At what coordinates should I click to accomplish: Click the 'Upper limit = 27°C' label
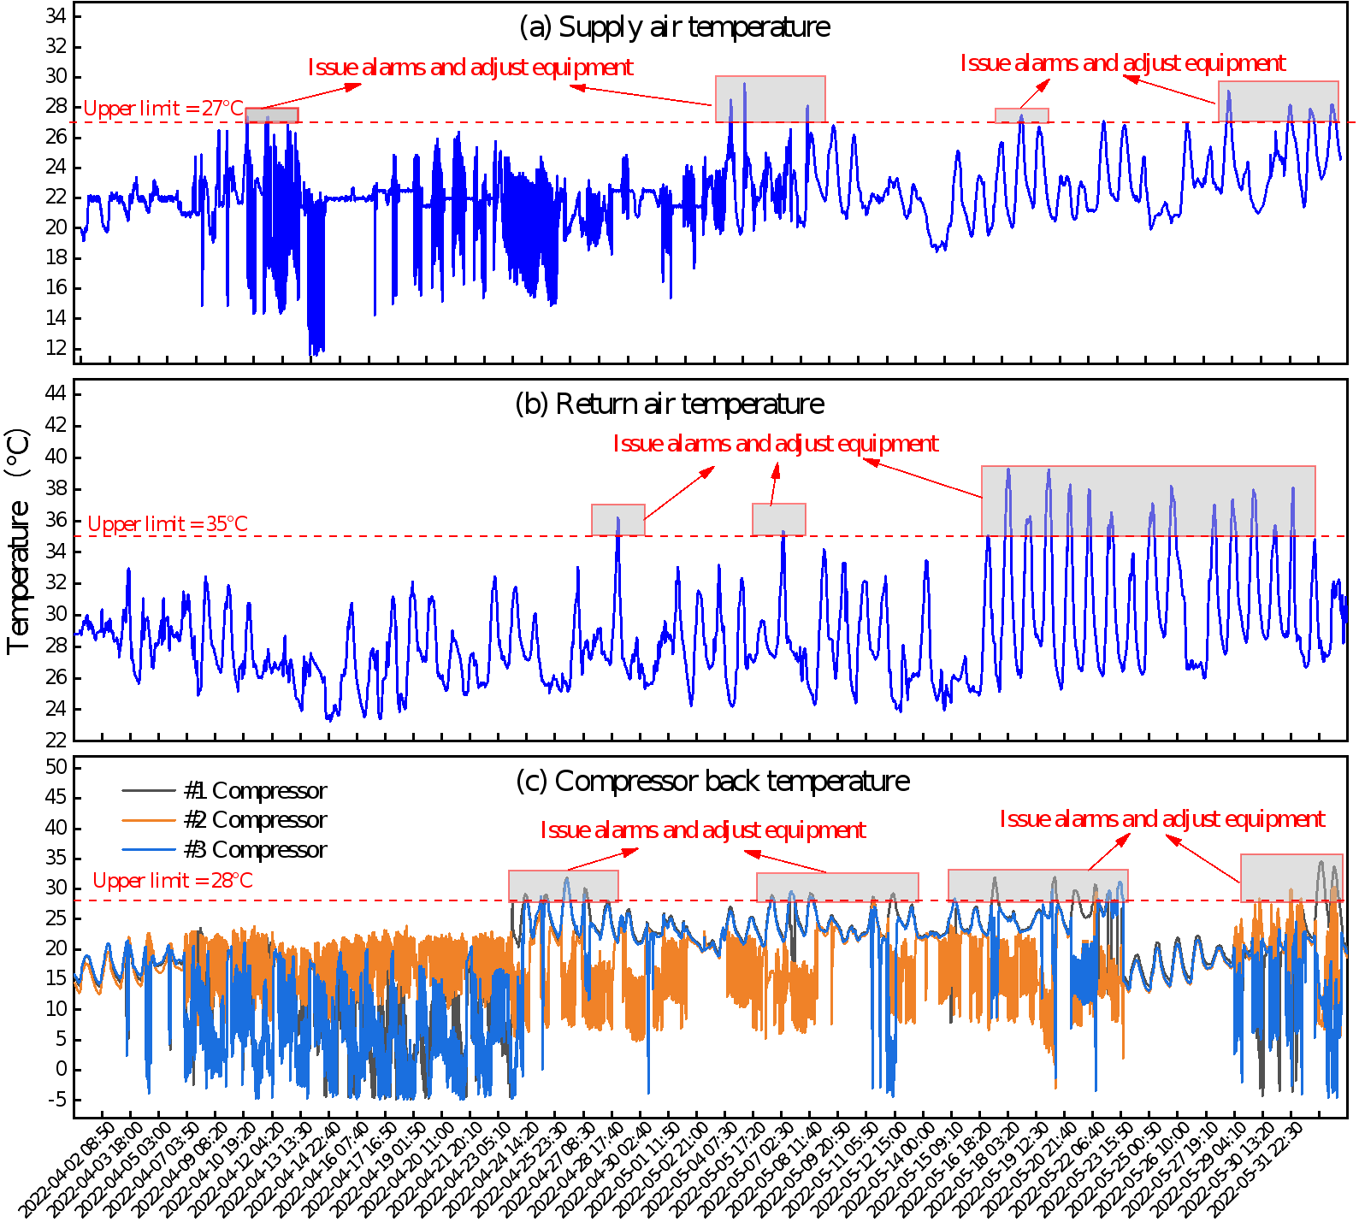point(163,109)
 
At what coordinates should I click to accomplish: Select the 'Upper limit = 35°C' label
point(168,524)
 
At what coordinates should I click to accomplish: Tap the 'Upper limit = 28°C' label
point(173,881)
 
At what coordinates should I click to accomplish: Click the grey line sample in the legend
point(149,790)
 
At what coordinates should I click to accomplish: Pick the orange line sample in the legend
point(149,820)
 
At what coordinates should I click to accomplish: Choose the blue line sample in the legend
point(149,849)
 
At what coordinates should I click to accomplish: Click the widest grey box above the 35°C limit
point(1148,501)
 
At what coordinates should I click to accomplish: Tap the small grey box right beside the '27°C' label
point(272,115)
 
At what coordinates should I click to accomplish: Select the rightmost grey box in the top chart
point(1278,101)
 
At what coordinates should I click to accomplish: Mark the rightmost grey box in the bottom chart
point(1291,877)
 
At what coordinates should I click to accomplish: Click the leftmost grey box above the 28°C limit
point(563,885)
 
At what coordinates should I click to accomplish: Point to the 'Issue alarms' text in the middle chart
point(776,444)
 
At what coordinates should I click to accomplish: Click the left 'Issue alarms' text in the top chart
point(470,68)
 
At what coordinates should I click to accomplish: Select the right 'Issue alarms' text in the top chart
point(1123,63)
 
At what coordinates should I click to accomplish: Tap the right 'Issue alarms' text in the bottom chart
point(1162,819)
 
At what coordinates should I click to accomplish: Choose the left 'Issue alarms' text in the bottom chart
point(703,830)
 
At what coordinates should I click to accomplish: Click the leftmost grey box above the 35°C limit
point(617,520)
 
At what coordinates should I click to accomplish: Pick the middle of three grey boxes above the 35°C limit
point(778,519)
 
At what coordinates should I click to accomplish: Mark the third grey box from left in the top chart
point(1021,115)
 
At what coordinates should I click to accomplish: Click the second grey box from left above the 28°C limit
point(837,887)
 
